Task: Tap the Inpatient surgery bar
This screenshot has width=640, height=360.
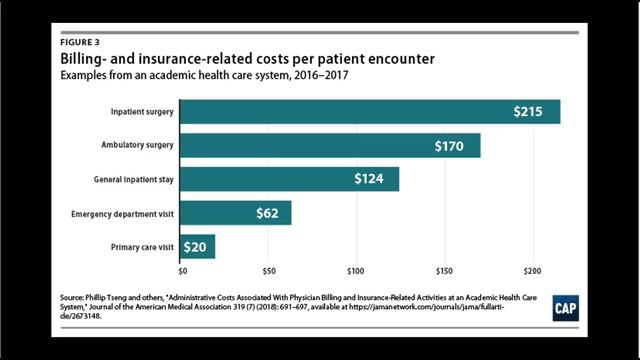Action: (x=369, y=111)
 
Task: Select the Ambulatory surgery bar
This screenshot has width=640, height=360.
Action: (x=329, y=145)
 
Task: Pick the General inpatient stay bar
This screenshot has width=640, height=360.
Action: (x=289, y=179)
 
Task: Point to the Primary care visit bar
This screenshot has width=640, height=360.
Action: (x=197, y=246)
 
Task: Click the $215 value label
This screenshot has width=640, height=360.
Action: (x=529, y=112)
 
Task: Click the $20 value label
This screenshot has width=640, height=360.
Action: (x=196, y=246)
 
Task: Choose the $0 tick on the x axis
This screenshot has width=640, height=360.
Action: (x=183, y=270)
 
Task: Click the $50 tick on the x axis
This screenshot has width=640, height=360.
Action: (x=268, y=270)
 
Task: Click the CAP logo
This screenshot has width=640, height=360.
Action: (x=568, y=308)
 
